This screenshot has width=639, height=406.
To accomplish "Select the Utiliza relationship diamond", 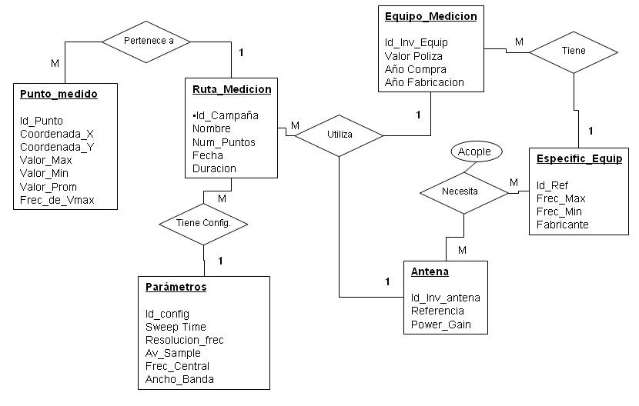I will tap(340, 135).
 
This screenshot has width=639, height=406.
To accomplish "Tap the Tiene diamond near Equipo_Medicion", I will tap(574, 51).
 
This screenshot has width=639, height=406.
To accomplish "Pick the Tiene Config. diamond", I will tap(204, 224).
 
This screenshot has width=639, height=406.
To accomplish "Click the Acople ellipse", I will tap(474, 151).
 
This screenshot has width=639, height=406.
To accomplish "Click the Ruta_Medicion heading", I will tap(232, 89).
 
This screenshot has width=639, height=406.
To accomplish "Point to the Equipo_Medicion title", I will tap(431, 16).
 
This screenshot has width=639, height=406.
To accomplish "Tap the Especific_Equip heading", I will tap(579, 159).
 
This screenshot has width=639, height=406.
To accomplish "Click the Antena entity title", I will tap(430, 271).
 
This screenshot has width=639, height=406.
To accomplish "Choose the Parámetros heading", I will tap(176, 287).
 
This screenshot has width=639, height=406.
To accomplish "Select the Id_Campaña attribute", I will tap(226, 115).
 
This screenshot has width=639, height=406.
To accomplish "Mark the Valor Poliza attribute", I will tap(414, 55).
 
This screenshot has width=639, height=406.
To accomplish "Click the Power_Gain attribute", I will tap(441, 324).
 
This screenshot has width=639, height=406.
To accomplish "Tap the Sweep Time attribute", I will tap(176, 327).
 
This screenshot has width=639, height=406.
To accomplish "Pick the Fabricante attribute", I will tap(563, 225).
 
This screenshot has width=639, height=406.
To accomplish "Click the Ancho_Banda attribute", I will tap(179, 379).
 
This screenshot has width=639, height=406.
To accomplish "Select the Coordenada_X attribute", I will tap(57, 134).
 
